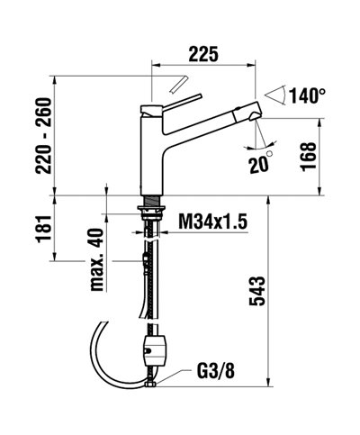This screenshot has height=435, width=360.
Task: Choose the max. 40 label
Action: (x=96, y=261)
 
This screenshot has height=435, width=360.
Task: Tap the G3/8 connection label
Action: (x=218, y=368)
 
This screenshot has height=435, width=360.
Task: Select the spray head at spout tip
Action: (x=247, y=116)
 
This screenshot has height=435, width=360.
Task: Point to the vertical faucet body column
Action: (x=155, y=149)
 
